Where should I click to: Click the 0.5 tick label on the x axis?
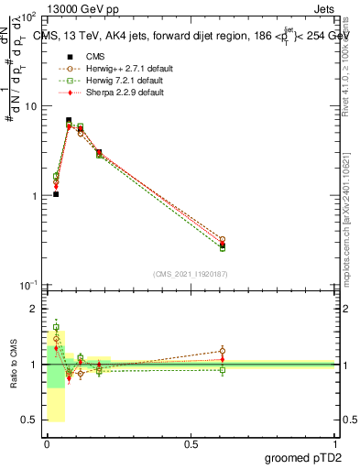pyautogui.click(x=191, y=444)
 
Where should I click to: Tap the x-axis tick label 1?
pyautogui.click(x=336, y=444)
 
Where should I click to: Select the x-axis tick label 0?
pyautogui.click(x=47, y=444)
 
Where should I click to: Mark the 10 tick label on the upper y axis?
pyautogui.click(x=32, y=107)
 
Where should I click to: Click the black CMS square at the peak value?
pyautogui.click(x=69, y=120)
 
